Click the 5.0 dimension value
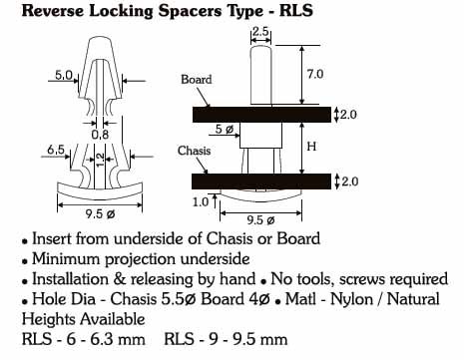[x=63, y=76]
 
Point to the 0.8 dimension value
[x=100, y=135]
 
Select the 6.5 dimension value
[x=56, y=150]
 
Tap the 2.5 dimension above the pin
[x=260, y=32]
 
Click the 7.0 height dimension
[x=315, y=74]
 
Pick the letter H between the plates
[x=311, y=147]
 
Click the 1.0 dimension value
[x=201, y=201]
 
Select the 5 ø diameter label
[x=225, y=129]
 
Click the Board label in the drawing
[x=197, y=80]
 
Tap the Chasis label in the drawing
[x=195, y=151]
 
